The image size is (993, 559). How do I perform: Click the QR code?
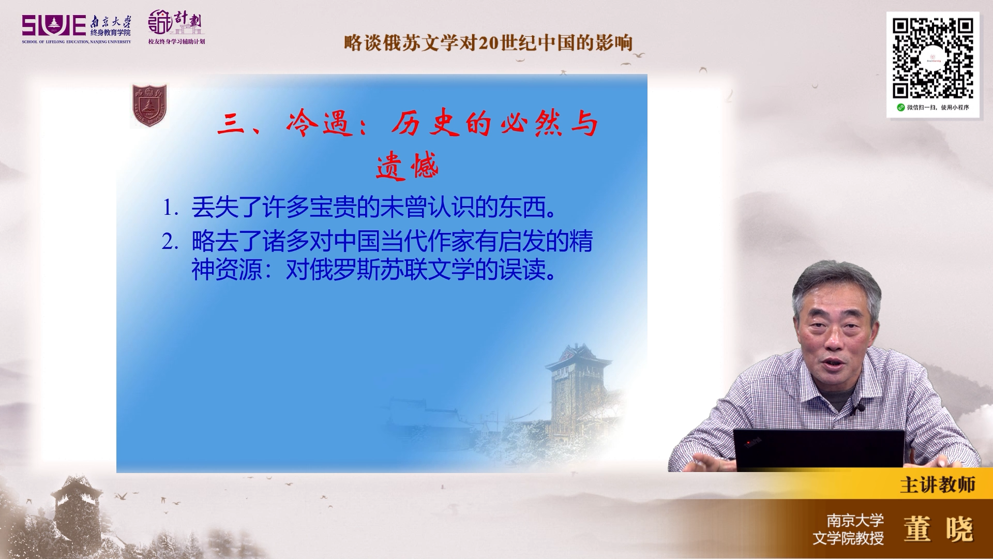[932, 58]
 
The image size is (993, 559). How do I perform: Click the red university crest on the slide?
[149, 106]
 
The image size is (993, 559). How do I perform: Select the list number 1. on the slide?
[171, 208]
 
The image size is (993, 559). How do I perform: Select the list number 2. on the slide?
[170, 242]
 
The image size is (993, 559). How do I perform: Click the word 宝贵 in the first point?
[333, 208]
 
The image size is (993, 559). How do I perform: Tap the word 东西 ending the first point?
[522, 208]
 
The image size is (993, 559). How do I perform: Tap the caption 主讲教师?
[938, 485]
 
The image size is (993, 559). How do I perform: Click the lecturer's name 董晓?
[939, 529]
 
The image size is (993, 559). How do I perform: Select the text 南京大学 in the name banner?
[855, 520]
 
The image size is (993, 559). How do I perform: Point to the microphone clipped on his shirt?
[858, 409]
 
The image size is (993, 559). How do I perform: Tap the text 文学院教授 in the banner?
[848, 538]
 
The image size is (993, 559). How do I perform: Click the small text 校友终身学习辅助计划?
[176, 41]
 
